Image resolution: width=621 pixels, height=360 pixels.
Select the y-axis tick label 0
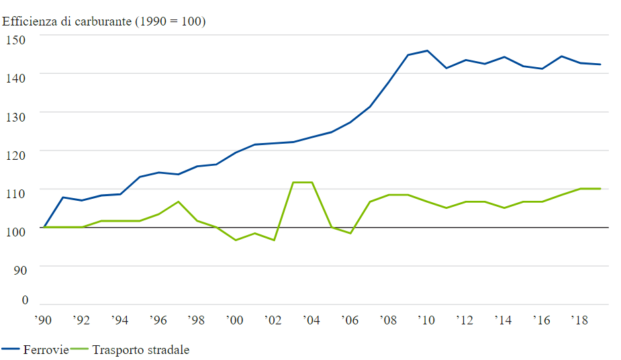click(x=25, y=300)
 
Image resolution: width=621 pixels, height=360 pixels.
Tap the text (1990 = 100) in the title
click(x=171, y=21)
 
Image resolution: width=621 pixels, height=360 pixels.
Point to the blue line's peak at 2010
click(x=427, y=50)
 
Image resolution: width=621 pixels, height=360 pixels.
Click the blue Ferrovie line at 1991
click(x=62, y=197)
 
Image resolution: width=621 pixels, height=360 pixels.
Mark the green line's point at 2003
click(x=293, y=182)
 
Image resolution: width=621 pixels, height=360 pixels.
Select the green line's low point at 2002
click(x=274, y=240)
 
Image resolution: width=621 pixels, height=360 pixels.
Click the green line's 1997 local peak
click(x=178, y=201)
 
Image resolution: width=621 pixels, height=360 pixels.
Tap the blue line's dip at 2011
click(x=446, y=68)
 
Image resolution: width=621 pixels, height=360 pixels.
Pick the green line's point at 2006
click(x=350, y=233)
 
